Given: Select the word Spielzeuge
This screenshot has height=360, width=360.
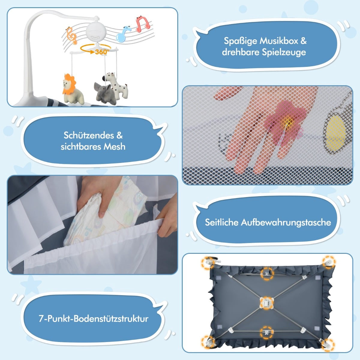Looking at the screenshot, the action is (284, 52).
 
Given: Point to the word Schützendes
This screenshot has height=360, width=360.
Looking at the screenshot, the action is (89, 135).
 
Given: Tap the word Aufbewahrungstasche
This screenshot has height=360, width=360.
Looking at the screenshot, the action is (286, 222).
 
